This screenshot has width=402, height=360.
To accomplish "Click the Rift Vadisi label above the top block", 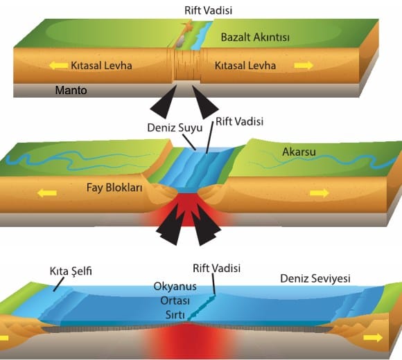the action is click(x=208, y=10).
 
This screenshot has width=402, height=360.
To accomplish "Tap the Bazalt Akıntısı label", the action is click(x=255, y=37).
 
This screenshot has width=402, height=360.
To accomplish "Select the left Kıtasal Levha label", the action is click(x=101, y=65).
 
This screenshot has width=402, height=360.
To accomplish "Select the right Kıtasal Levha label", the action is click(x=245, y=65).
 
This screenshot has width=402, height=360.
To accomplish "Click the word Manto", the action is click(x=71, y=91).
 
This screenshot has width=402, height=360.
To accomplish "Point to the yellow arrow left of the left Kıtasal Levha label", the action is click(x=58, y=65).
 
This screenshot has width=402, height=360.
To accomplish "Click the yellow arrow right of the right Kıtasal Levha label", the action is click(x=304, y=65).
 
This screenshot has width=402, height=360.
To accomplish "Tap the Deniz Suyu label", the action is click(x=175, y=127).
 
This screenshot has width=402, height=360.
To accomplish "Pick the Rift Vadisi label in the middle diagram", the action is click(x=239, y=122).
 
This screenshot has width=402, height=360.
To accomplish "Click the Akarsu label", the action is click(x=299, y=152).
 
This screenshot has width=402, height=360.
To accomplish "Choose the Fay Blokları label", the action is click(x=114, y=188).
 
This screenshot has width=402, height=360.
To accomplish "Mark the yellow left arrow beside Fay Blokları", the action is click(x=47, y=192).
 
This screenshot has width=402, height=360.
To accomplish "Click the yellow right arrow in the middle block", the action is click(x=320, y=192).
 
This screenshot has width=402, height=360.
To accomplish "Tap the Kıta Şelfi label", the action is click(x=71, y=271).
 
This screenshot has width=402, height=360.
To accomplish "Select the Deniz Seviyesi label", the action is click(x=315, y=278).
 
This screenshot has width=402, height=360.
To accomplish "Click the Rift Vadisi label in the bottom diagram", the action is click(x=217, y=269).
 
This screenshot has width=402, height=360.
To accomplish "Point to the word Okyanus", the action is click(x=175, y=286).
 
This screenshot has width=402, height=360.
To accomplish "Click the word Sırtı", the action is click(x=175, y=315).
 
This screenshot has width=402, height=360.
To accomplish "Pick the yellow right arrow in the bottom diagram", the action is click(x=373, y=338).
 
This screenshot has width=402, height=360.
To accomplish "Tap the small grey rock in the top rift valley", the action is click(x=180, y=40).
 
